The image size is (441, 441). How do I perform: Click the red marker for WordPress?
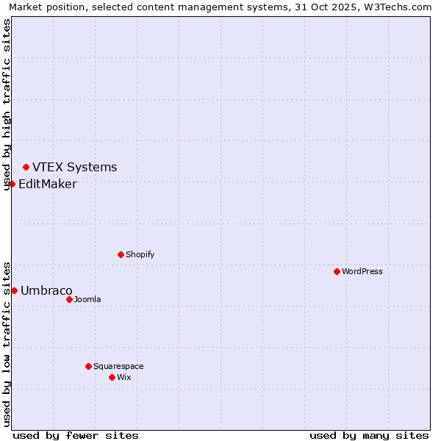click(337, 271)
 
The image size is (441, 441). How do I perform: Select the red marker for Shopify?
click(121, 254)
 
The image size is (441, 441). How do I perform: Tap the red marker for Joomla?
click(69, 299)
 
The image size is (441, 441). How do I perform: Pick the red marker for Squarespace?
click(88, 366)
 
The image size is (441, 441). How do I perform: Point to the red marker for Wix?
click(112, 377)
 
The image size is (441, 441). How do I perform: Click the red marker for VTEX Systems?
click(26, 167)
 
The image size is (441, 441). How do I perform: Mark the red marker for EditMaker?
click(12, 184)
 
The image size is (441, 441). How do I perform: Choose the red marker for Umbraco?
click(14, 290)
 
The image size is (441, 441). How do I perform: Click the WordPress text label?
click(362, 271)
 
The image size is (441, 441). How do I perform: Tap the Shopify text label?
click(140, 254)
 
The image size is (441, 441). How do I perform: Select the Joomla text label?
click(87, 299)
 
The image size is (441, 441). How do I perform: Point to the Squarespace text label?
click(118, 366)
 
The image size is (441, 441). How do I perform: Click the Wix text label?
click(124, 377)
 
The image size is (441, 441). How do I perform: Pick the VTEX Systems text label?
click(74, 167)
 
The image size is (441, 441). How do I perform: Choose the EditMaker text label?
click(47, 184)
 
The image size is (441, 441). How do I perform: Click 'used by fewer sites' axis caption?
click(76, 435)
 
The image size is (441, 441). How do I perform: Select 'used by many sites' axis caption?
click(369, 435)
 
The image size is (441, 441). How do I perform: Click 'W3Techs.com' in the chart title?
click(401, 7)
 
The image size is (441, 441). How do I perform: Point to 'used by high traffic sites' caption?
click(7, 104)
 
